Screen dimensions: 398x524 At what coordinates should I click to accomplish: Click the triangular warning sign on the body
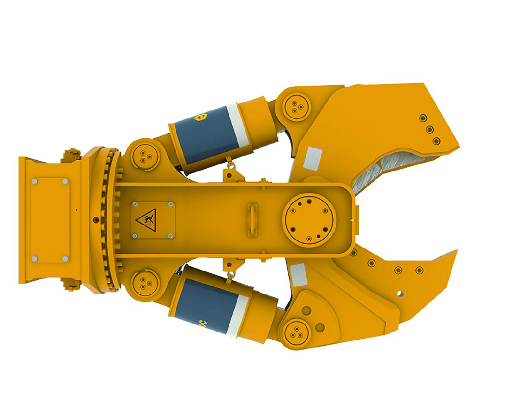tap(145, 221)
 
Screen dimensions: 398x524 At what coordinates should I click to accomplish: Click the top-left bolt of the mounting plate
tap(35, 182)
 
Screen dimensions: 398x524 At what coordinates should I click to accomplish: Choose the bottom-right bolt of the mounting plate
tap(65, 258)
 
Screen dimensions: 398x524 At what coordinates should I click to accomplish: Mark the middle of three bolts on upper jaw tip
tap(430, 129)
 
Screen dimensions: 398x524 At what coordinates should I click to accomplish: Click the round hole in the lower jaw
tap(400, 293)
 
